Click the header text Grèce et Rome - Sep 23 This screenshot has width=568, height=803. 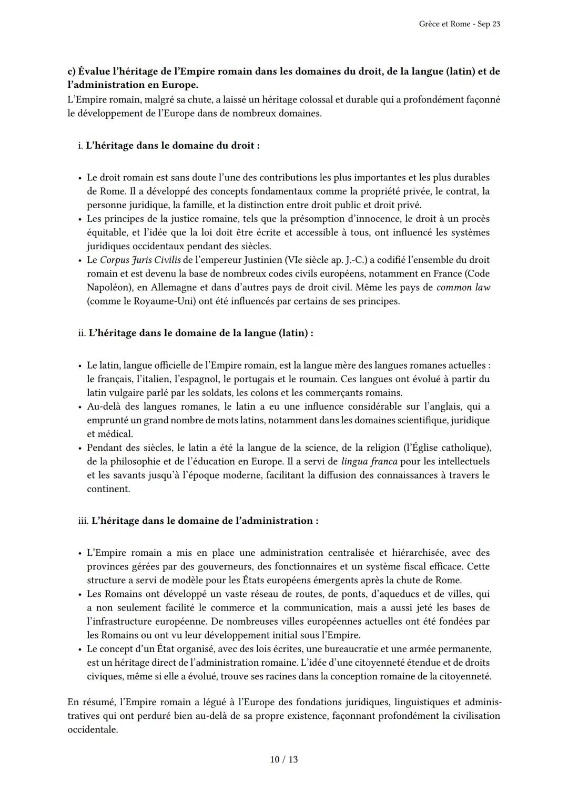pos(460,24)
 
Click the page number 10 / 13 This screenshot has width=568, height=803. pos(283,759)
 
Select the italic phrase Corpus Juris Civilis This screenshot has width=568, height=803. pos(133,260)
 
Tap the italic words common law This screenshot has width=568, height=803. pos(463,288)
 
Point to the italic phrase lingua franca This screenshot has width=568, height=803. pos(369,462)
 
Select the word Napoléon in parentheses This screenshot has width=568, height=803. pos(109,288)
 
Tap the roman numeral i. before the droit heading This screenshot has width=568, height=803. pos(80,146)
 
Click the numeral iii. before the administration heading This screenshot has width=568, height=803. pos(83,521)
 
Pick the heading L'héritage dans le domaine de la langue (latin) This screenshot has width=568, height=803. pos(201,333)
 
